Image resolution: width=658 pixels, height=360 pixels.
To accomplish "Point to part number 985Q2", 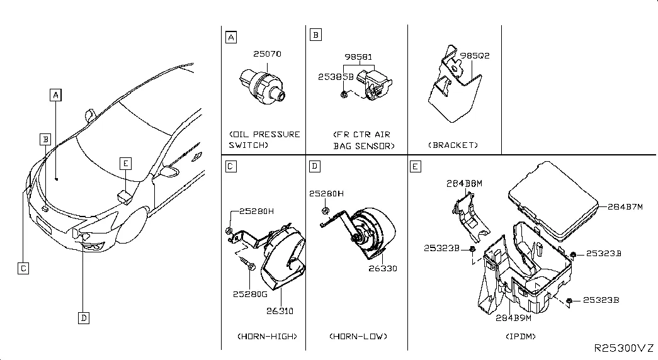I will pyautogui.click(x=476, y=56).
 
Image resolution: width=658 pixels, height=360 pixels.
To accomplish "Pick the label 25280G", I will pyautogui.click(x=250, y=293).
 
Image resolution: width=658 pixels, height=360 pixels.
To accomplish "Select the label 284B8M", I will pyautogui.click(x=464, y=183).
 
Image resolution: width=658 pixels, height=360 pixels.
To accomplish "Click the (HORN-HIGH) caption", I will pyautogui.click(x=267, y=336).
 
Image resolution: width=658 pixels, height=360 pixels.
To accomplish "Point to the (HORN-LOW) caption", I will pyautogui.click(x=358, y=336).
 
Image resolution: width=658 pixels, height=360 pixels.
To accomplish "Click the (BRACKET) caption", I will pyautogui.click(x=453, y=145).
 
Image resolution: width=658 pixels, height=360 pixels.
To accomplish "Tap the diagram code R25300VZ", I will pyautogui.click(x=623, y=347).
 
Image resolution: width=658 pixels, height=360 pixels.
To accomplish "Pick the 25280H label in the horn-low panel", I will pyautogui.click(x=326, y=194).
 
